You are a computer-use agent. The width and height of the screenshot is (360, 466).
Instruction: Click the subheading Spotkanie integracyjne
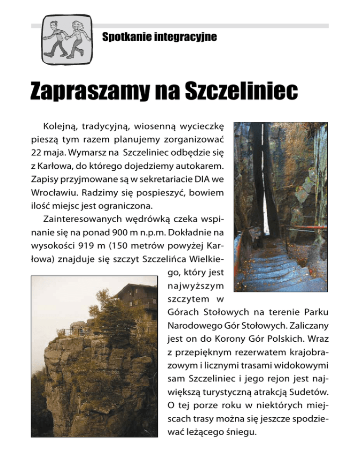click(x=159, y=37)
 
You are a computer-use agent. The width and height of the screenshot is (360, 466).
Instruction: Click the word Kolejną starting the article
click(x=60, y=128)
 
